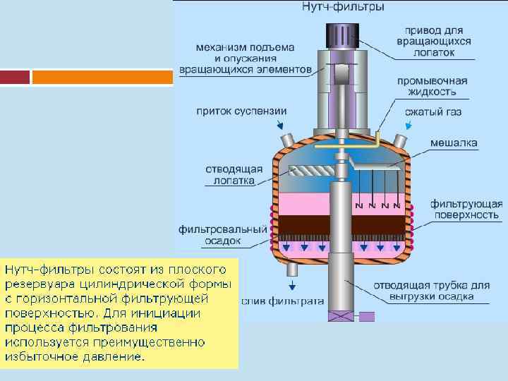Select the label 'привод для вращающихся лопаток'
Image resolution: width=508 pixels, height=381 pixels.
click(437, 42)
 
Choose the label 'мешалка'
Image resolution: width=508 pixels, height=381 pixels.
click(454, 143)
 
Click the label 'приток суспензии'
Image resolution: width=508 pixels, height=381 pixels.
click(242, 111)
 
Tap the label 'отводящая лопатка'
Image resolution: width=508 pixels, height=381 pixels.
click(234, 174)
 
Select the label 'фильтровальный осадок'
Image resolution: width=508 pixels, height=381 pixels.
click(223, 235)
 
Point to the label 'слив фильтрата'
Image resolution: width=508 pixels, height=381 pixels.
click(282, 301)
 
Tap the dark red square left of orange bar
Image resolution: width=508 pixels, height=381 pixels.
click(15, 76)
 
